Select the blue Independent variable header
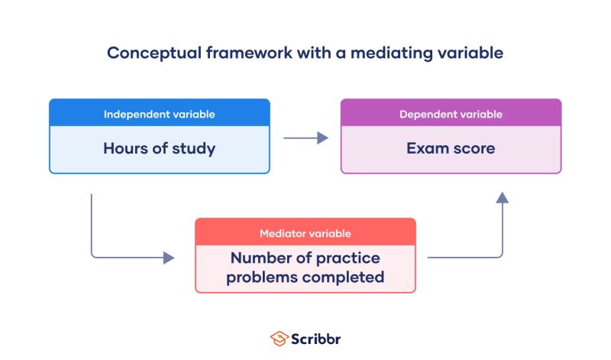coord(160,115)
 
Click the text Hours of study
coord(160,148)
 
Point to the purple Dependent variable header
coord(451,115)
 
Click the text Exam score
coord(451,148)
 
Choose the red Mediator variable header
coord(305,233)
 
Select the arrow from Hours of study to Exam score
coord(305,138)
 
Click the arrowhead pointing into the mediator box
coord(169,258)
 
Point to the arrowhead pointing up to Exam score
coord(502,198)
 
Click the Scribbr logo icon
coord(278,338)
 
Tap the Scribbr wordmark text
coord(315,338)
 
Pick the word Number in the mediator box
coord(260,258)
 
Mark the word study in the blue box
coord(194,148)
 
